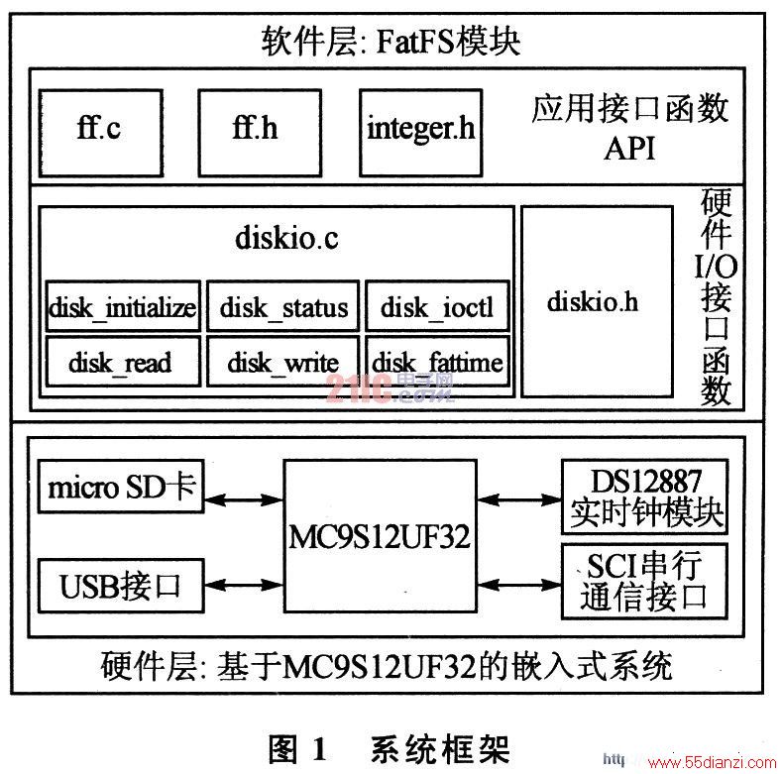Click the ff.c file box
101,133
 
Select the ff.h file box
260,133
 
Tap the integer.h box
421,133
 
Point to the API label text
629,148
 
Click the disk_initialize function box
123,306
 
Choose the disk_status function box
282,306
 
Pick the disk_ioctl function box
438,306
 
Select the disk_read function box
123,361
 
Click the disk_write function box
282,361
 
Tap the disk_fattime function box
438,361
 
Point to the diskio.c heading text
286,238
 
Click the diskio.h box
598,302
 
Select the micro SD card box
121,487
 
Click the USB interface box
121,586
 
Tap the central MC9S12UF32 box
380,536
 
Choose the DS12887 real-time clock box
645,498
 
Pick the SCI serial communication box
645,582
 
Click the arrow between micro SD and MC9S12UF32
244,499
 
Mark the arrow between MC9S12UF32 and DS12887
519,499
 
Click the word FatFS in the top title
415,42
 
